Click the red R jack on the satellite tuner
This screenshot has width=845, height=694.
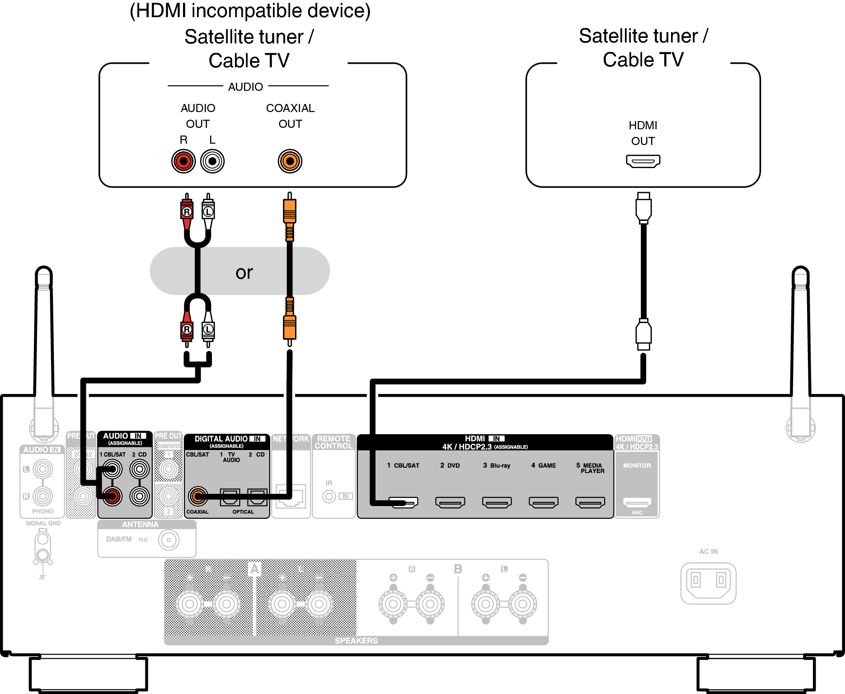[x=183, y=161]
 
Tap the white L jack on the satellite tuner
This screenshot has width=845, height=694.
[x=212, y=161]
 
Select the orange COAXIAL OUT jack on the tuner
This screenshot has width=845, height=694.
[x=290, y=161]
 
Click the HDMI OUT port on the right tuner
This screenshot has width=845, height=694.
[x=643, y=161]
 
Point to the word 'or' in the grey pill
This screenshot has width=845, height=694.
[x=244, y=272]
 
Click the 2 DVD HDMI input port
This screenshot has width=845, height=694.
[x=450, y=502]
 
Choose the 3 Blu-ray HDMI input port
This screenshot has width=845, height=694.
[x=497, y=502]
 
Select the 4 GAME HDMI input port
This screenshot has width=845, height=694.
[x=544, y=502]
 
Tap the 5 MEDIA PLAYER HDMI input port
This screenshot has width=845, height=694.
[x=590, y=502]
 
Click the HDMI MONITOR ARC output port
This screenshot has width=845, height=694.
[x=637, y=502]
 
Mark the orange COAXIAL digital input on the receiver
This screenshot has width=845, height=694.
[x=197, y=497]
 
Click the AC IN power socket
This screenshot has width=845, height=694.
[x=708, y=582]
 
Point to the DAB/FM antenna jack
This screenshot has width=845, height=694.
[x=169, y=540]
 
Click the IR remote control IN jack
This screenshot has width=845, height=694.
[x=329, y=497]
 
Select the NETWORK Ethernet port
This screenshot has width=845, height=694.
[x=291, y=496]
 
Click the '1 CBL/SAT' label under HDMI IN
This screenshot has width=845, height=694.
[x=403, y=465]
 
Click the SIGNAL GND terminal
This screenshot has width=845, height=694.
[x=43, y=547]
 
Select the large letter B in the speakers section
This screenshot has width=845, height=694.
[x=458, y=569]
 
